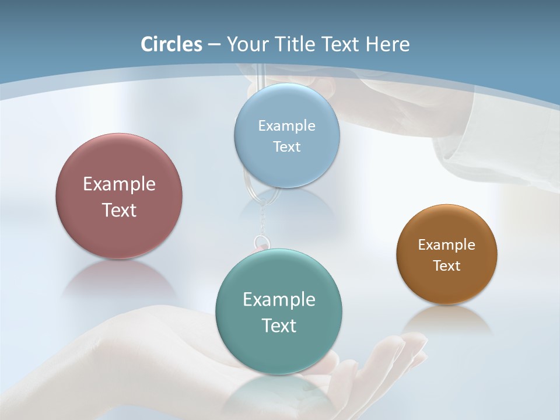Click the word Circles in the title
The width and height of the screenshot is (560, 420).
171,44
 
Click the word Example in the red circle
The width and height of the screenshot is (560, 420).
119,184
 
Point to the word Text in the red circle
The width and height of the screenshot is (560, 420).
119,210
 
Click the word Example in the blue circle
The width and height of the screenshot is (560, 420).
286,125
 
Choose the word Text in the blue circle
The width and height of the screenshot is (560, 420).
286,146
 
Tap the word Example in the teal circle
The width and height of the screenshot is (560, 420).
279,299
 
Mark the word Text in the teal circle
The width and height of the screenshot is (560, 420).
279,325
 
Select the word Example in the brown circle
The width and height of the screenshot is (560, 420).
447,245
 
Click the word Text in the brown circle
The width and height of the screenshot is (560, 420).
447,265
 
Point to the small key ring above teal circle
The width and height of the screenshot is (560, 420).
261,242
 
